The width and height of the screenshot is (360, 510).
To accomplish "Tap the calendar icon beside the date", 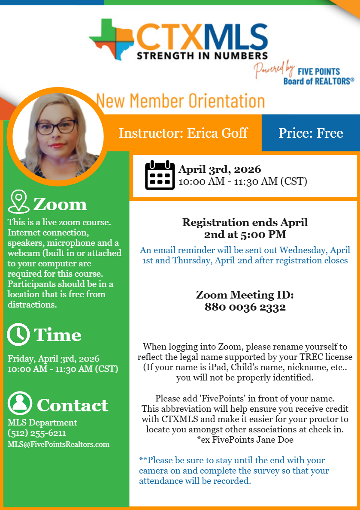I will click(x=160, y=175).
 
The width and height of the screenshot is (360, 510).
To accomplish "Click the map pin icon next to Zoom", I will click(x=18, y=202).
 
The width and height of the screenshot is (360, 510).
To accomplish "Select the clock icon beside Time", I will click(x=18, y=335).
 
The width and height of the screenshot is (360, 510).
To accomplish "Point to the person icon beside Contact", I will click(x=20, y=403).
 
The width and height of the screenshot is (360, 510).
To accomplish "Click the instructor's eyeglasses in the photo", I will click(x=56, y=127).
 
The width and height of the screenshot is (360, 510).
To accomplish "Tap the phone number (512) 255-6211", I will click(x=37, y=433).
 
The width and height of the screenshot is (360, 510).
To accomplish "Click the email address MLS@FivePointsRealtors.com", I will click(x=58, y=444).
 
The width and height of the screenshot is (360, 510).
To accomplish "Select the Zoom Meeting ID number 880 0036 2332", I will click(x=245, y=307).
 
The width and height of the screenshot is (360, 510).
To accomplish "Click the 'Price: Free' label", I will click(x=311, y=133).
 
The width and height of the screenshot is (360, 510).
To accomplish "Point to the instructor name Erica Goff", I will click(x=218, y=133).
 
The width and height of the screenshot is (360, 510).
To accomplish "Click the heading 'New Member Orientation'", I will click(x=180, y=101).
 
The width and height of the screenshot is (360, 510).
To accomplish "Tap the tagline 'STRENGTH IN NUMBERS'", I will click(x=202, y=55).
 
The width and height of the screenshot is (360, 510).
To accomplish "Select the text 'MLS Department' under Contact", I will click(x=42, y=422).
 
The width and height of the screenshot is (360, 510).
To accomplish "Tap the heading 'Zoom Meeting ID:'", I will click(x=245, y=295).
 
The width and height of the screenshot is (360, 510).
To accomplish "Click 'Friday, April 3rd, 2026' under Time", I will click(x=54, y=358).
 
